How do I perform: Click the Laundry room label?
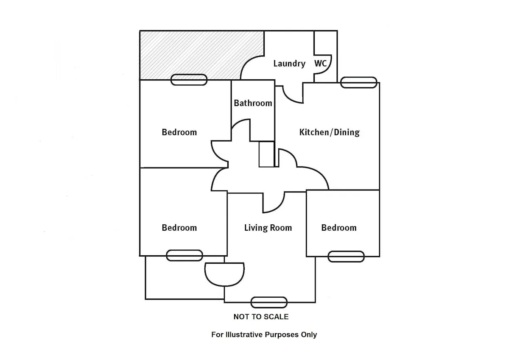pyautogui.click(x=289, y=64)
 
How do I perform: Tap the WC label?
pyautogui.click(x=321, y=64)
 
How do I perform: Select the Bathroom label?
pyautogui.click(x=253, y=103)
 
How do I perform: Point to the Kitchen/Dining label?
pyautogui.click(x=329, y=132)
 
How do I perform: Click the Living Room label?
pyautogui.click(x=268, y=228)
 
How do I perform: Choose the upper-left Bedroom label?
pyautogui.click(x=179, y=132)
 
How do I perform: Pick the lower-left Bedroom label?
pyautogui.click(x=179, y=228)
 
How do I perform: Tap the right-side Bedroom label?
pyautogui.click(x=339, y=228)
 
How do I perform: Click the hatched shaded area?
pyautogui.click(x=191, y=53)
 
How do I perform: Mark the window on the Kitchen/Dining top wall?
pyautogui.click(x=359, y=83)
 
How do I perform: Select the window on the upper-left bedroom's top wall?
pyautogui.click(x=189, y=79)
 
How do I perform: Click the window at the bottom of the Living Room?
pyautogui.click(x=269, y=302)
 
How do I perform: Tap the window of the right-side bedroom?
pyautogui.click(x=346, y=256)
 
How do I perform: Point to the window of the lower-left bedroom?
pyautogui.click(x=185, y=255)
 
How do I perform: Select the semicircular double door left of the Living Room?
pyautogui.click(x=224, y=273)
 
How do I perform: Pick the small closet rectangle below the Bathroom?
pyautogui.click(x=266, y=154)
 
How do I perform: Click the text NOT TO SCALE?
pyautogui.click(x=261, y=317)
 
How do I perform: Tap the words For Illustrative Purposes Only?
pyautogui.click(x=264, y=335)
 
